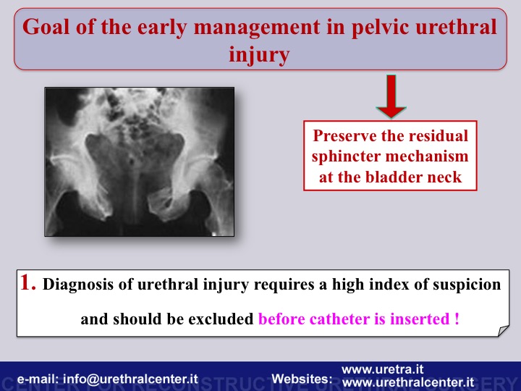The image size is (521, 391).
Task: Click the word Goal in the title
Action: (46, 27)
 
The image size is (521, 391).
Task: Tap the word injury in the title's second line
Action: (259, 54)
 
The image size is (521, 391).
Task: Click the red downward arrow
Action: (391, 96)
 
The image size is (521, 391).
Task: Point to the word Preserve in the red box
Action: (344, 135)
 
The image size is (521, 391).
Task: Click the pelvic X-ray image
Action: (140, 161)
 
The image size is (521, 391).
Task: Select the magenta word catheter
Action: (340, 319)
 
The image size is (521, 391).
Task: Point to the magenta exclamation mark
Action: (457, 319)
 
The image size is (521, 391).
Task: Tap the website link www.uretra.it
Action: (382, 369)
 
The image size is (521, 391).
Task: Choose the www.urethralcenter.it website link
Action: (407, 383)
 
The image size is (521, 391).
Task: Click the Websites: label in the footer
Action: (302, 379)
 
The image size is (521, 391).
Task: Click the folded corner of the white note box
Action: (503, 331)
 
